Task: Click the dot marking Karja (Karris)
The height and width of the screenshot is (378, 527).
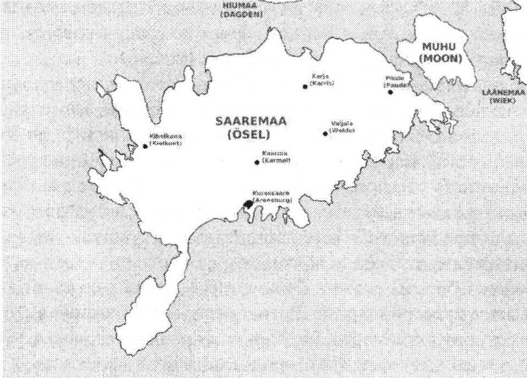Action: (x=305, y=86)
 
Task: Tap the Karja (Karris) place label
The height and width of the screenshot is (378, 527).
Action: (x=322, y=79)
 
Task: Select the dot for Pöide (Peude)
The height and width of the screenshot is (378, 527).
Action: (x=390, y=92)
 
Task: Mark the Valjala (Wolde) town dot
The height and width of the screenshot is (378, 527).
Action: (x=325, y=133)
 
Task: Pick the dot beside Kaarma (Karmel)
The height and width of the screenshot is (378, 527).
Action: (x=257, y=162)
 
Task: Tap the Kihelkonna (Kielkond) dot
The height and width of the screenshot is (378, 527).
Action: (x=145, y=146)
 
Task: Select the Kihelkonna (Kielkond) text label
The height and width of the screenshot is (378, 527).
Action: (x=166, y=139)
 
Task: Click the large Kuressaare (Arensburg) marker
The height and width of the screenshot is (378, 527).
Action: (x=248, y=204)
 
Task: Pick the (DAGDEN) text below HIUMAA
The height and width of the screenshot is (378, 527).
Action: (x=240, y=15)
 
